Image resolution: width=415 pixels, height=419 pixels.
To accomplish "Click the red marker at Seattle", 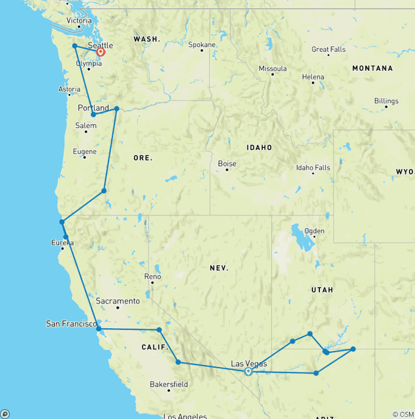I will click(x=101, y=52).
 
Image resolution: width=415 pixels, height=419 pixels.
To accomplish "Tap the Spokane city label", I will click(x=202, y=45).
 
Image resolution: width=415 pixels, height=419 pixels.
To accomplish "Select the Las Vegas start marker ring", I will click(x=248, y=371).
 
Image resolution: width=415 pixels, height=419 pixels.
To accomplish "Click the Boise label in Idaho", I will click(x=227, y=164).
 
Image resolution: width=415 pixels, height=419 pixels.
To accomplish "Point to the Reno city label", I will click(x=152, y=276).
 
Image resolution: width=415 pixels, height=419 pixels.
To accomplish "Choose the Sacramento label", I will click(x=118, y=301).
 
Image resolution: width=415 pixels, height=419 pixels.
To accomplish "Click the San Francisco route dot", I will click(x=98, y=328).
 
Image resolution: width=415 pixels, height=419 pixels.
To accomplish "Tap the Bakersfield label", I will click(x=169, y=384).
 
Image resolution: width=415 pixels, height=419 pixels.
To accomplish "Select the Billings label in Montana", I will click(x=386, y=101).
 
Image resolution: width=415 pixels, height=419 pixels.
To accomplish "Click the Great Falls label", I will click(x=329, y=50).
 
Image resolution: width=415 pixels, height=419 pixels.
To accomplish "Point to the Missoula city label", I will click(x=273, y=69).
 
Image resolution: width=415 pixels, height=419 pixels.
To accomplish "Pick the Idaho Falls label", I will click(x=313, y=168).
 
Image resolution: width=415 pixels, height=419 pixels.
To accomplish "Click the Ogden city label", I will click(x=314, y=231).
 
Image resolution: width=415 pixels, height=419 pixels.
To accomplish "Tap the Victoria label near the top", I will click(x=79, y=21).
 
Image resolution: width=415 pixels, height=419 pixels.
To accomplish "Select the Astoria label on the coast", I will click(x=69, y=89).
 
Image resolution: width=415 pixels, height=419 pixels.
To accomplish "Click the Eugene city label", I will click(x=85, y=152).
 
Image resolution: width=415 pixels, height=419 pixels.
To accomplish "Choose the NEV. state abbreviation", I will click(x=220, y=268).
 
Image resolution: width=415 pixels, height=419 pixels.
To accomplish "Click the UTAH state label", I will click(x=322, y=290).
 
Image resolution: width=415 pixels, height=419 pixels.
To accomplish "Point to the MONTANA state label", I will click(x=372, y=69).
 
